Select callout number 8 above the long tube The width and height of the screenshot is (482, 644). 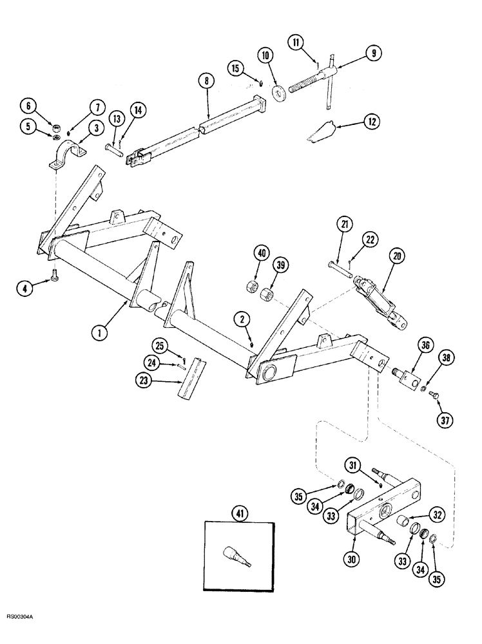click(x=207, y=82)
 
